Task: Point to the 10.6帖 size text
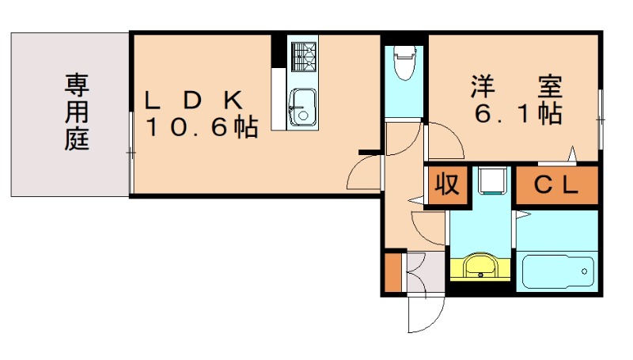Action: click(201, 127)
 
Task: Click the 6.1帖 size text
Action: click(517, 113)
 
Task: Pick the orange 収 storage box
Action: click(445, 185)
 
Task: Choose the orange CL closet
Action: click(557, 185)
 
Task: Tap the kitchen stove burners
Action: click(301, 55)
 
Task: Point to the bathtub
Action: click(558, 271)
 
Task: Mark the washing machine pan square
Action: click(491, 180)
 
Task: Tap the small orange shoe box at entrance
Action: click(393, 271)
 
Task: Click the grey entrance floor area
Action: click(425, 271)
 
